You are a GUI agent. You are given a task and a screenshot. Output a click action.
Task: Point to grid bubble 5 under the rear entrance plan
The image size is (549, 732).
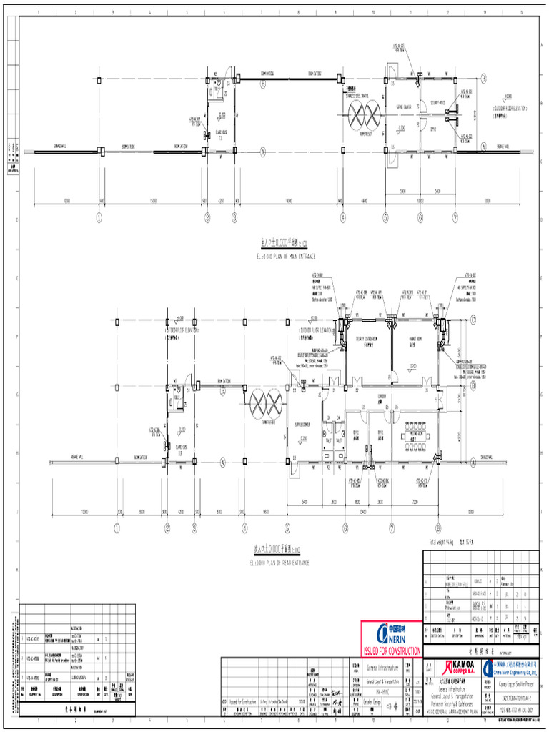coord(287,529)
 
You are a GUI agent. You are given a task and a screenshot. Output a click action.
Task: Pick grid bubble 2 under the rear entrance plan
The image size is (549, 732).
coord(167,529)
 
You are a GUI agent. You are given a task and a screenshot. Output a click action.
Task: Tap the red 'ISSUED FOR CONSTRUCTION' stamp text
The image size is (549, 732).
coord(392,651)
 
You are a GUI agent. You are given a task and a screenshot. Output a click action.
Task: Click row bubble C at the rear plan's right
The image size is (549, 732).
coord(473,320)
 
